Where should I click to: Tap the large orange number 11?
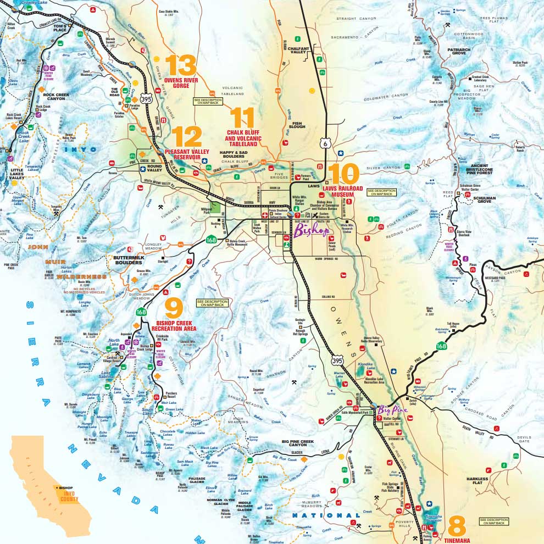[242, 118]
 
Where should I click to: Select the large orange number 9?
[173, 308]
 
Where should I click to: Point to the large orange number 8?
[457, 526]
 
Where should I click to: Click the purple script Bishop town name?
[312, 231]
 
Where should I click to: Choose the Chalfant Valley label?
[299, 51]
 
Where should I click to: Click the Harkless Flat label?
[477, 481]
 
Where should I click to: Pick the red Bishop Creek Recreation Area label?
[176, 325]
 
